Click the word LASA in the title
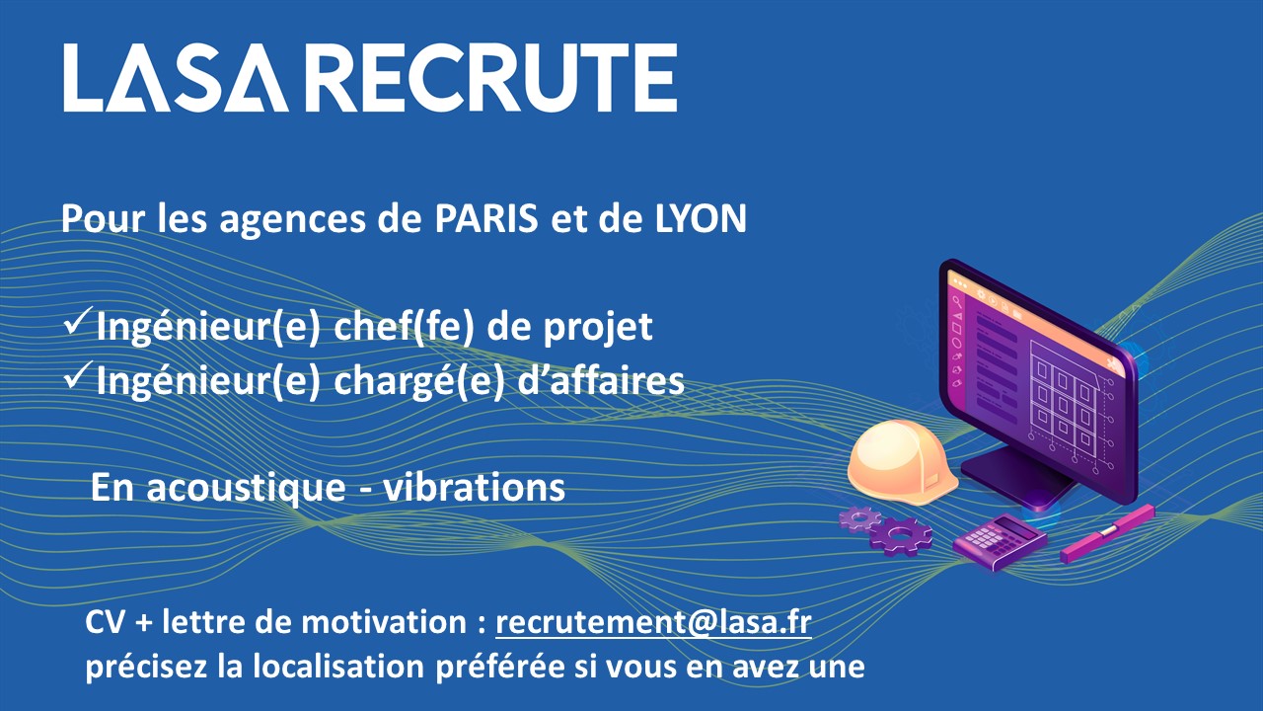click(x=176, y=78)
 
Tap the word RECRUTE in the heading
click(x=494, y=78)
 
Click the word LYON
click(x=701, y=218)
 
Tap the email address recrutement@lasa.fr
click(x=653, y=622)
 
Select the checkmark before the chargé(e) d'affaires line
click(x=77, y=374)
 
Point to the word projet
click(x=598, y=328)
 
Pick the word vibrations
click(x=475, y=487)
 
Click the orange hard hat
click(x=902, y=461)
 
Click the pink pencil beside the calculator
click(x=1107, y=533)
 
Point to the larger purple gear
click(x=900, y=535)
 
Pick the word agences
click(x=293, y=220)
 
